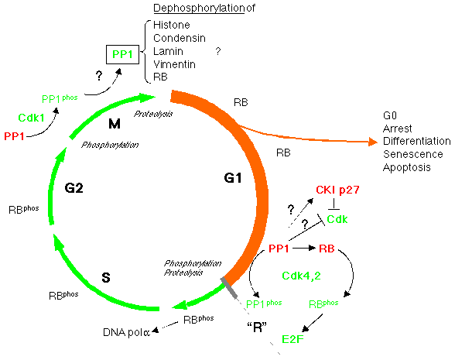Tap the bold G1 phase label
pyautogui.click(x=234, y=178)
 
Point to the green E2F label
pyautogui.click(x=293, y=338)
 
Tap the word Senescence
pyautogui.click(x=412, y=153)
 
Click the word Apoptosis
pyautogui.click(x=407, y=166)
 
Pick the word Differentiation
pyautogui.click(x=416, y=141)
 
